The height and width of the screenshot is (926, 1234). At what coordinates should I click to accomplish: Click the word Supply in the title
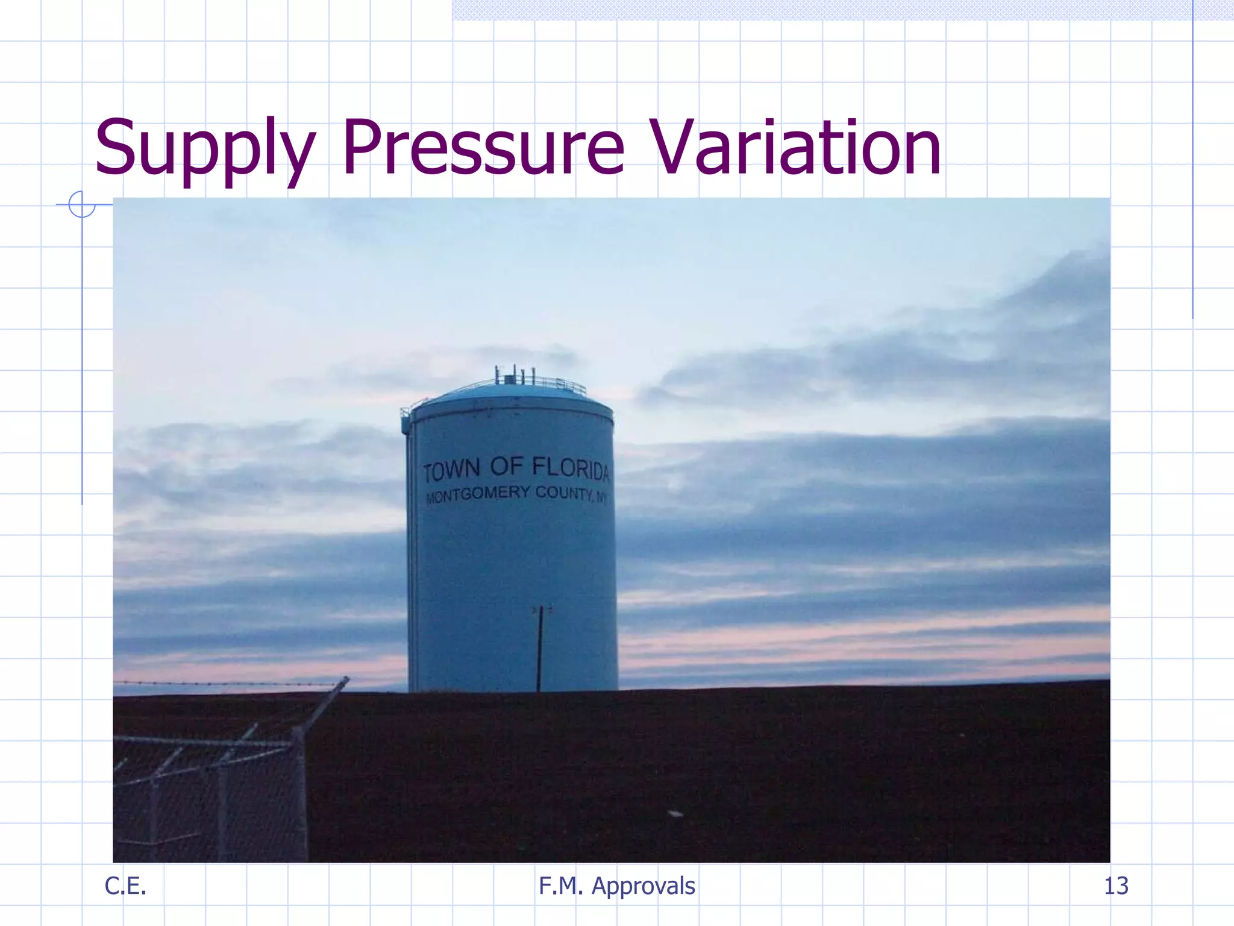[205, 148]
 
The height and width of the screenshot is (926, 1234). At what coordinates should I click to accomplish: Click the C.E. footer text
[125, 886]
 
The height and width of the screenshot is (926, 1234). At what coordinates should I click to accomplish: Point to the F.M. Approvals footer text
[616, 886]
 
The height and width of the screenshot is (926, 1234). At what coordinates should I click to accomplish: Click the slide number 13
[1115, 886]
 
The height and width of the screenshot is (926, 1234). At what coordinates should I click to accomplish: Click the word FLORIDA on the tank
[571, 468]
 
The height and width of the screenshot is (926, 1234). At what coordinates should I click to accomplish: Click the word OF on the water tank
[506, 466]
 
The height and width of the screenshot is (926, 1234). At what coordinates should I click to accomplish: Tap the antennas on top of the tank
[515, 375]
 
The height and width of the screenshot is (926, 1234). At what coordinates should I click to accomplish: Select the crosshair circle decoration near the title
[81, 204]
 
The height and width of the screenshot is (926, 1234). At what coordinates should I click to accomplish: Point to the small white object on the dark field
[675, 814]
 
